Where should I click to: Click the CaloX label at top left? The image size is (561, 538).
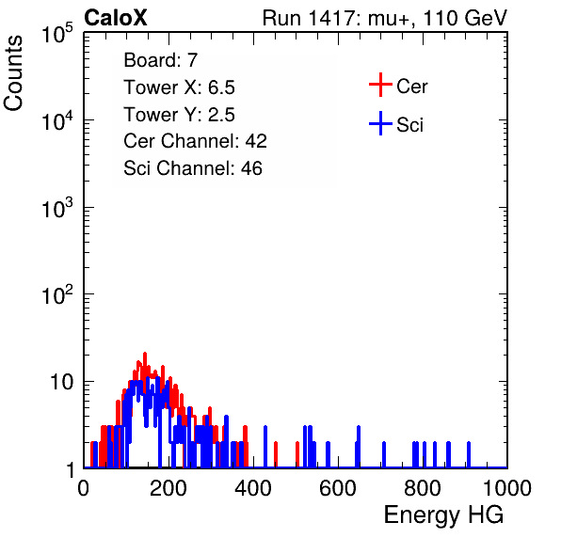tap(116, 18)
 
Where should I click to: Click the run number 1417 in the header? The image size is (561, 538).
tap(331, 18)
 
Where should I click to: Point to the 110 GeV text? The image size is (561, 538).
tap(465, 18)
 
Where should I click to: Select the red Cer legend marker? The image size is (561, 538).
tap(380, 85)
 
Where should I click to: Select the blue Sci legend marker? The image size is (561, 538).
tap(380, 123)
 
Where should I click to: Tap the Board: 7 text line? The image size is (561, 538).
tap(160, 59)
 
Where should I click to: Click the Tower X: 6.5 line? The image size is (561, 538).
tap(179, 87)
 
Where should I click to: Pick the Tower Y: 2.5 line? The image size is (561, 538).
tap(179, 114)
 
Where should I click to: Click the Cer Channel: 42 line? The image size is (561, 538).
tap(195, 141)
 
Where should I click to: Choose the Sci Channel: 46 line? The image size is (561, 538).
tap(192, 167)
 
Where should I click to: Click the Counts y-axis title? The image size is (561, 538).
tap(13, 73)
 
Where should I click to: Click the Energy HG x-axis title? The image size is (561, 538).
tap(443, 514)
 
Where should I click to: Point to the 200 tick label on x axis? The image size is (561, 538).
tap(168, 488)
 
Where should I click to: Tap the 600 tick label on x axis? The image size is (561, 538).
tap(337, 488)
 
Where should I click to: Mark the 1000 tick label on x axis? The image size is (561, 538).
tap(507, 488)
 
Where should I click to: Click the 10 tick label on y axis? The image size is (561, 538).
tap(62, 382)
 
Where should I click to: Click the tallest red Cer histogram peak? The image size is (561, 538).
tap(145, 355)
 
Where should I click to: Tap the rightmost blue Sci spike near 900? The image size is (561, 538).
tap(469, 454)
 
